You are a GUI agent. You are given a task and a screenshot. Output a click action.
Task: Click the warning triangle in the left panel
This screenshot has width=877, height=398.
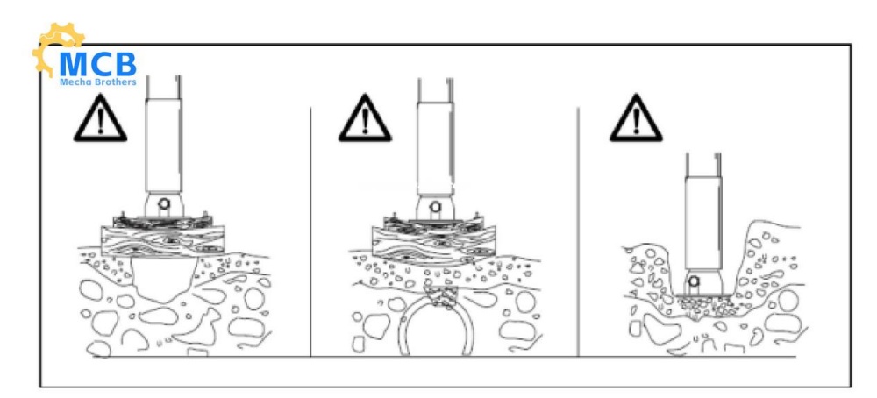pyautogui.click(x=100, y=118)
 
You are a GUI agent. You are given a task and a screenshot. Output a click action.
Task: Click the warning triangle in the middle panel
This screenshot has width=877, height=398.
pyautogui.click(x=365, y=118)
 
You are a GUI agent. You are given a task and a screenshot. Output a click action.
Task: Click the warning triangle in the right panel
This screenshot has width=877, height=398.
pyautogui.click(x=636, y=118)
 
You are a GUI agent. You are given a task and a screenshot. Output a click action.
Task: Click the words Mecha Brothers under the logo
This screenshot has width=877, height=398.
pyautogui.click(x=98, y=82)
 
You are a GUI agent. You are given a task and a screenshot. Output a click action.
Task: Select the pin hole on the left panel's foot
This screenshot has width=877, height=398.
pyautogui.click(x=163, y=203)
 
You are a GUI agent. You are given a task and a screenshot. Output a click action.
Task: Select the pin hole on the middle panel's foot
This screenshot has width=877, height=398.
pyautogui.click(x=435, y=207)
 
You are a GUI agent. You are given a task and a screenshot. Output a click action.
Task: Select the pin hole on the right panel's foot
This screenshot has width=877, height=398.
pyautogui.click(x=694, y=281)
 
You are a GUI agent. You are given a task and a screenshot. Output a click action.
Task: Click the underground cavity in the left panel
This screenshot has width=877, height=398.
pyautogui.click(x=163, y=280)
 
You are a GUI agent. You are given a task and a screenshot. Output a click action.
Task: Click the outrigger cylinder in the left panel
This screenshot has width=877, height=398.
pyautogui.click(x=163, y=146)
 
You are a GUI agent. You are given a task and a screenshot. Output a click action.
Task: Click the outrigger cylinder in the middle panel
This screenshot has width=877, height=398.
pyautogui.click(x=435, y=148)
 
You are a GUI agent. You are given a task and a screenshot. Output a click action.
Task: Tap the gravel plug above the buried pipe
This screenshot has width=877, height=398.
pyautogui.click(x=442, y=298)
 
